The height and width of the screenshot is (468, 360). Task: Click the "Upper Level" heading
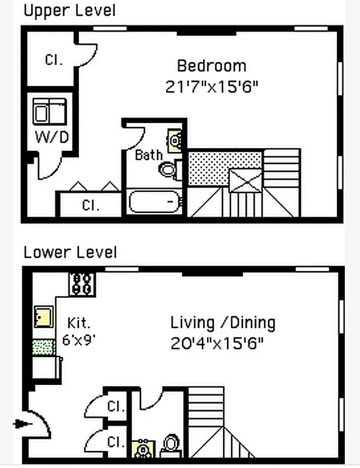point(69,10)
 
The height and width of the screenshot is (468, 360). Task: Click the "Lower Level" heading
point(70,252)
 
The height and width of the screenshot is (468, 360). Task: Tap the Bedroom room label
point(211,66)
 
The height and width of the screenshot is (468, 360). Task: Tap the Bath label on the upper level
point(148,155)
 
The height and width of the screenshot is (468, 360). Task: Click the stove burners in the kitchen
point(82,283)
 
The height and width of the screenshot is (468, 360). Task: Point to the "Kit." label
point(79,323)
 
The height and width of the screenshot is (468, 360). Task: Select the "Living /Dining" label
point(222,322)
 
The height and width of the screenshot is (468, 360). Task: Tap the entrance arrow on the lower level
point(22,424)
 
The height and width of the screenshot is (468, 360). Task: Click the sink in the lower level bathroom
point(143,449)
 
